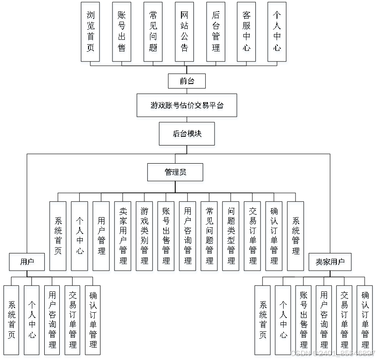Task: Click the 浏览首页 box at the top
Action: coord(91,31)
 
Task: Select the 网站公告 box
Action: coord(185,31)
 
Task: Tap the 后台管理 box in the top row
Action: coord(216,31)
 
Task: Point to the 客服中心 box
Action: coord(246,31)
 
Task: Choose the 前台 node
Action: coord(187,81)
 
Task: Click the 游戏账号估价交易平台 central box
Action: coord(187,106)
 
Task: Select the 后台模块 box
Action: coord(187,134)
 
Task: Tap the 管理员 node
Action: coord(175,172)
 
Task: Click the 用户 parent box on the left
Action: coord(27,262)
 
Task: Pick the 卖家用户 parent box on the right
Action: coord(330,262)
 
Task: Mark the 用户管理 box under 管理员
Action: coord(101,236)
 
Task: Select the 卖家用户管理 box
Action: coord(123,236)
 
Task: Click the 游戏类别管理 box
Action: coord(145,236)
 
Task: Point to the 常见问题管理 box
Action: coord(210,236)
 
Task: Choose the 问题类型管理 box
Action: coord(231,236)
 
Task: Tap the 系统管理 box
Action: coord(296,236)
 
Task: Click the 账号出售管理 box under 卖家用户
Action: coord(304,320)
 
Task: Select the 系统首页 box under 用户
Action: coord(11,320)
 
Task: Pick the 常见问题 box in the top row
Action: coord(153,31)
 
